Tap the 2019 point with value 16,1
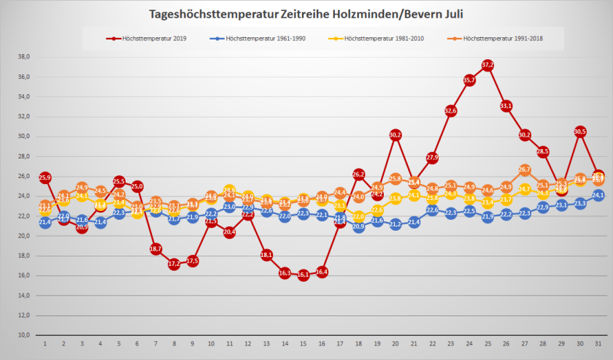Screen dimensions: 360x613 click(303, 275)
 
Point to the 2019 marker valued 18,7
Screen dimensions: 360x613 click(155, 249)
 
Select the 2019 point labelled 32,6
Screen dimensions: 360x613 click(450, 111)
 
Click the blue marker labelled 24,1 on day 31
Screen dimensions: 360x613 click(598, 196)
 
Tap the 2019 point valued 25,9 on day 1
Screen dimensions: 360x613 click(45, 177)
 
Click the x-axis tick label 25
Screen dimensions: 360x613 click(487, 343)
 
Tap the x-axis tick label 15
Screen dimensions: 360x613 click(303, 343)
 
